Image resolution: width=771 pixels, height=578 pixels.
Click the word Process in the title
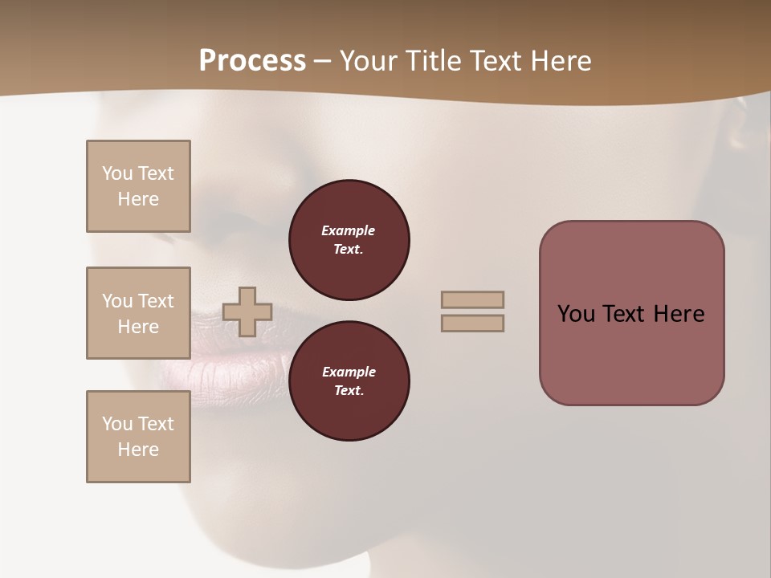click(x=252, y=61)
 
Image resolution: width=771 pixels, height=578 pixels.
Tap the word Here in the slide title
click(x=559, y=61)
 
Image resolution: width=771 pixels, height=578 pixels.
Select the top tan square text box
click(x=138, y=186)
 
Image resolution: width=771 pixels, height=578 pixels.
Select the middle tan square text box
click(x=138, y=313)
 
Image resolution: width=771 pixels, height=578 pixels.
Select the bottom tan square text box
click(x=138, y=437)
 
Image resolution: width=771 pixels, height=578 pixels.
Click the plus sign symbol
click(x=247, y=311)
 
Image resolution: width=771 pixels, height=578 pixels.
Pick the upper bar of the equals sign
click(x=472, y=299)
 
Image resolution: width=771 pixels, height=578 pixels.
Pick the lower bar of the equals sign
click(x=472, y=323)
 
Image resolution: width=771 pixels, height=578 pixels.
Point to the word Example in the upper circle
click(x=349, y=230)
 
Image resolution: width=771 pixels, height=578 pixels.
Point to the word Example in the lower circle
click(x=349, y=372)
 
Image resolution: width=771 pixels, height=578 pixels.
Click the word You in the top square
click(x=117, y=173)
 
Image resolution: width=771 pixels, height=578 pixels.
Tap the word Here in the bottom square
click(x=138, y=450)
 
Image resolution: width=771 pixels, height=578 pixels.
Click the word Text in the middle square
click(x=155, y=301)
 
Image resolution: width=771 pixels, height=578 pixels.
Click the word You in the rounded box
click(x=575, y=314)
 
